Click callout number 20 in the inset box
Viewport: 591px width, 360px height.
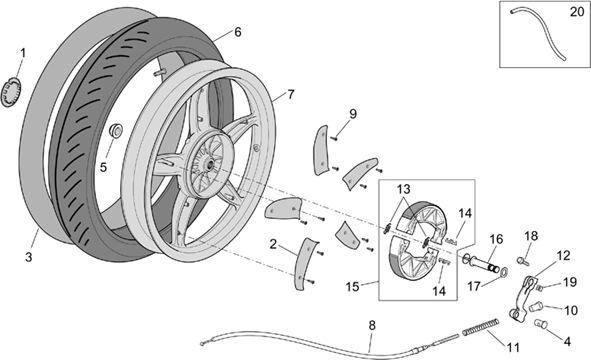(x=577, y=12)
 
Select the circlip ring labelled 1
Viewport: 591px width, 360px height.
(x=12, y=92)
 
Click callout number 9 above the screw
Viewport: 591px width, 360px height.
(x=352, y=114)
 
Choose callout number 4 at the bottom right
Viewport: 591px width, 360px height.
(x=567, y=342)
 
